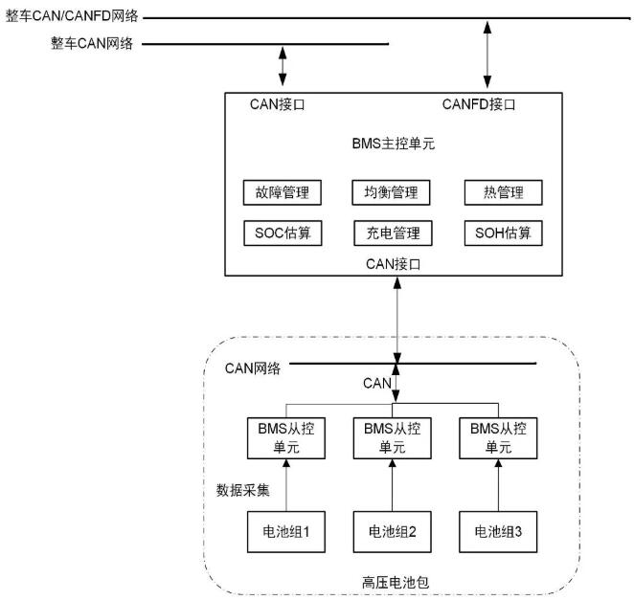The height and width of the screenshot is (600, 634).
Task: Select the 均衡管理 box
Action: [392, 192]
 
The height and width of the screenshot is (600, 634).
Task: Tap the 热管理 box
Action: [502, 192]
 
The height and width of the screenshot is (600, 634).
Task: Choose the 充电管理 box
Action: [392, 233]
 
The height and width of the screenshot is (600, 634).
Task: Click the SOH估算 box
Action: [502, 233]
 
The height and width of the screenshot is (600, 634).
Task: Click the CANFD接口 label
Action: [479, 104]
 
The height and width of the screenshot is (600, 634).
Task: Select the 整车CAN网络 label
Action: [92, 43]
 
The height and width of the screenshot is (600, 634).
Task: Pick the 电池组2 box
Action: [392, 529]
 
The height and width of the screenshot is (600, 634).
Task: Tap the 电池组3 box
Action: [496, 529]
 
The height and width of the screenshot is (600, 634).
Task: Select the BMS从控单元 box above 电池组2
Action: [392, 437]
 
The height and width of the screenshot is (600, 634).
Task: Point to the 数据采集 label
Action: [244, 491]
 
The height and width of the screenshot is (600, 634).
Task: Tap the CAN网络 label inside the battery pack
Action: [252, 367]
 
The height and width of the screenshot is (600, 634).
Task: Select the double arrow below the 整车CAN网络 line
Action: [282, 66]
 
